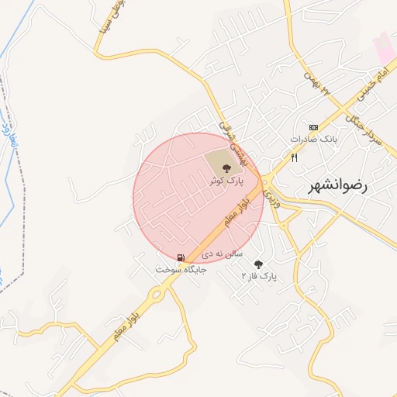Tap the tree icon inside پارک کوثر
click(226, 167)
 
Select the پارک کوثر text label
click(226, 180)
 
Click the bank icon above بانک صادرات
click(313, 127)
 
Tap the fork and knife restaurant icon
click(295, 157)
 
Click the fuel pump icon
click(181, 258)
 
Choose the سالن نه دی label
click(223, 254)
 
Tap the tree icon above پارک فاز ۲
click(258, 264)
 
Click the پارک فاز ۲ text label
click(259, 276)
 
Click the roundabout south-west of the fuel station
click(157, 294)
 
